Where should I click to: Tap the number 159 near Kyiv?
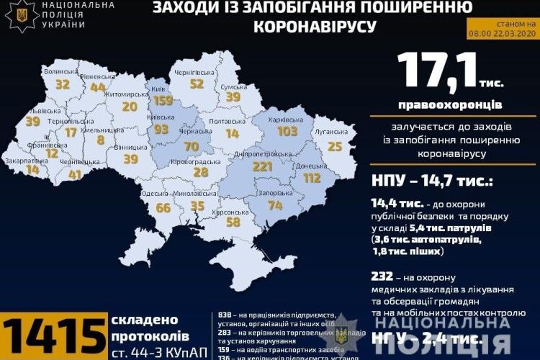coord(163,102)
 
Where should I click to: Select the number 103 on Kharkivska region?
coord(287,132)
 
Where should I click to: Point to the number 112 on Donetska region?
coord(311,178)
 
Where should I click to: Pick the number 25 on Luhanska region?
coord(334,146)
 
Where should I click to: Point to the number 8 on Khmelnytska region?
coord(100,140)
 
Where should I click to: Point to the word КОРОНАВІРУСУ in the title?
coord(315,27)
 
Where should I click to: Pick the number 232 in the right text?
coord(383,276)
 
